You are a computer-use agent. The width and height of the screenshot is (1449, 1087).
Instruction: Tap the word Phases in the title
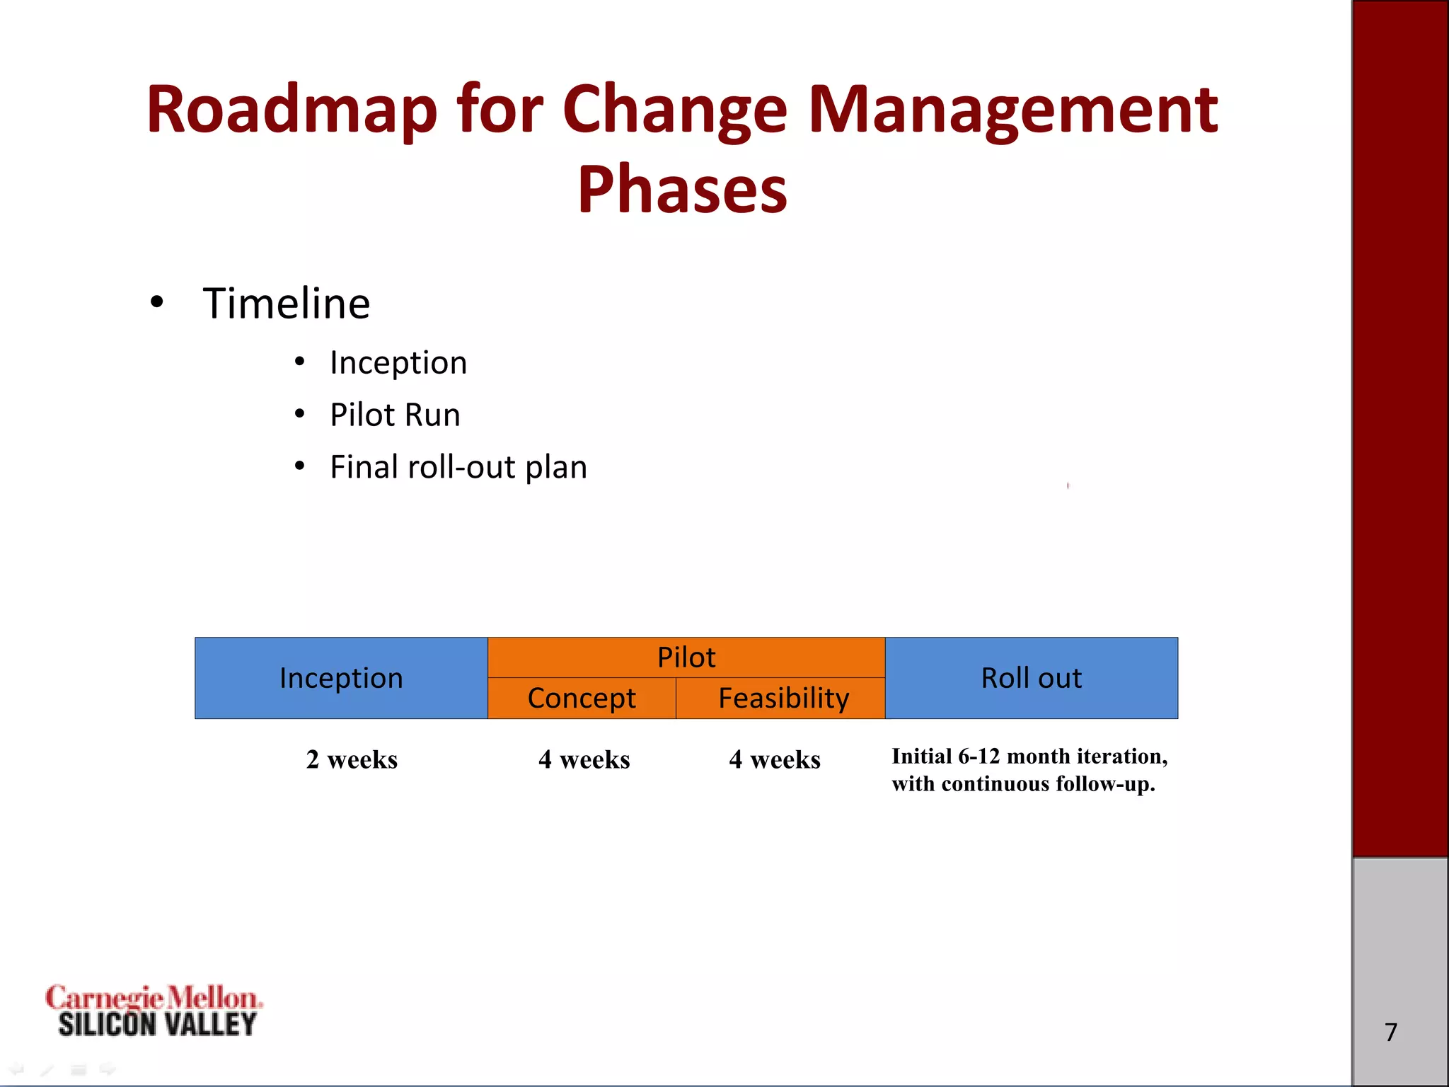tap(682, 190)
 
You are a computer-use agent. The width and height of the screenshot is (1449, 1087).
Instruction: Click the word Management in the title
tap(1012, 110)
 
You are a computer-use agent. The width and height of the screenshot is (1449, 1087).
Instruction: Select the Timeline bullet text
tap(286, 304)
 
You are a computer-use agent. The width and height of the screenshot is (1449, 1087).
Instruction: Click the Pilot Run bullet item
tap(395, 415)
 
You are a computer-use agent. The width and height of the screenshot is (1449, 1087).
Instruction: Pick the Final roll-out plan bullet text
tap(458, 467)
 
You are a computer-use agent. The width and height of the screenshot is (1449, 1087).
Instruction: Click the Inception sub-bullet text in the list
tap(398, 363)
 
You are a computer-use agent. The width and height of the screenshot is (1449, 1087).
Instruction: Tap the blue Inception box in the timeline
tap(341, 678)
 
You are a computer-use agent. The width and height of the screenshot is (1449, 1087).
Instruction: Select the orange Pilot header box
tap(686, 657)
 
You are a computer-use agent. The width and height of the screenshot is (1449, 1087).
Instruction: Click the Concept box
tap(582, 698)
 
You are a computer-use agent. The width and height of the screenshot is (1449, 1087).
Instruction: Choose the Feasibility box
tap(783, 698)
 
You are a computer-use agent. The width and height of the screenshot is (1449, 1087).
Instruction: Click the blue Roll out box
tap(1031, 678)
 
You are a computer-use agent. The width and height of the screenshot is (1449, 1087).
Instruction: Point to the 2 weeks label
tap(352, 759)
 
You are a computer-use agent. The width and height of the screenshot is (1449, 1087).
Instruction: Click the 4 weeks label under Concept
tap(584, 759)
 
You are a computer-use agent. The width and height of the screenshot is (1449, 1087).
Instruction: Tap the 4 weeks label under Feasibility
tap(775, 759)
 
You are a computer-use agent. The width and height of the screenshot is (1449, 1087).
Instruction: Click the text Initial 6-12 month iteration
tap(1029, 757)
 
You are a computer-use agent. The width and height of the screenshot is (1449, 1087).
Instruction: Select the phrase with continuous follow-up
tap(1023, 784)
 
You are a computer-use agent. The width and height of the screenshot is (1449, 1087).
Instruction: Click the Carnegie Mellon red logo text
tap(153, 998)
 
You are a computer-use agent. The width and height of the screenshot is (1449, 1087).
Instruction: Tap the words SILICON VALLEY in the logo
tap(157, 1025)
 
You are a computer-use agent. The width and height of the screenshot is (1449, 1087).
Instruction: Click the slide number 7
tap(1391, 1032)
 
